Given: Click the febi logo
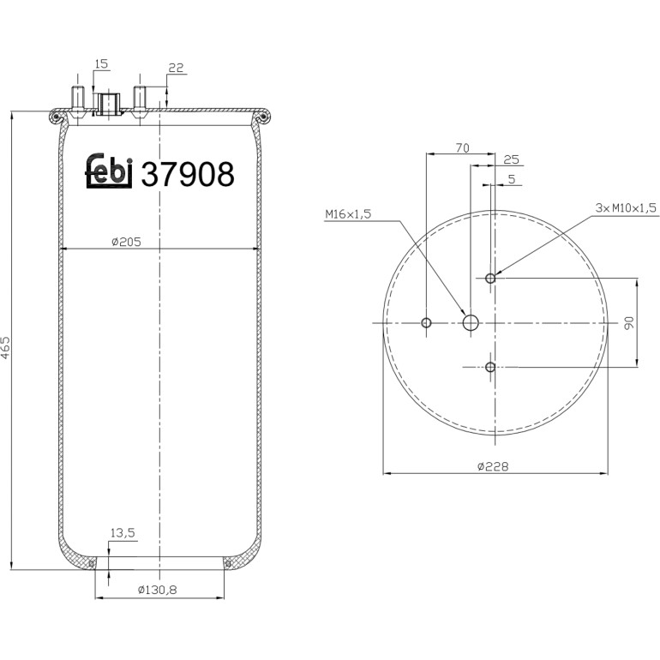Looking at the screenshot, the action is pyautogui.click(x=109, y=171).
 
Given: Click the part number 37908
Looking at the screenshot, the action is pyautogui.click(x=188, y=174).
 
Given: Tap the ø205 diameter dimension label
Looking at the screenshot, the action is pyautogui.click(x=126, y=242).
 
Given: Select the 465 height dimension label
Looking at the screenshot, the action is pyautogui.click(x=5, y=347).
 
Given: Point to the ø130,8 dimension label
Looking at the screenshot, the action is pyautogui.click(x=158, y=590).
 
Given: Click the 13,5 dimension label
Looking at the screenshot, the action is pyautogui.click(x=123, y=533).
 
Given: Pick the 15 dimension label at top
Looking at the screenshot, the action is pyautogui.click(x=101, y=64).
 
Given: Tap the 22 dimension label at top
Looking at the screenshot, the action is pyautogui.click(x=176, y=68).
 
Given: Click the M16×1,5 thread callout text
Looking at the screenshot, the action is pyautogui.click(x=348, y=214).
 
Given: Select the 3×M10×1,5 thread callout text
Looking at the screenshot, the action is pyautogui.click(x=626, y=207).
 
